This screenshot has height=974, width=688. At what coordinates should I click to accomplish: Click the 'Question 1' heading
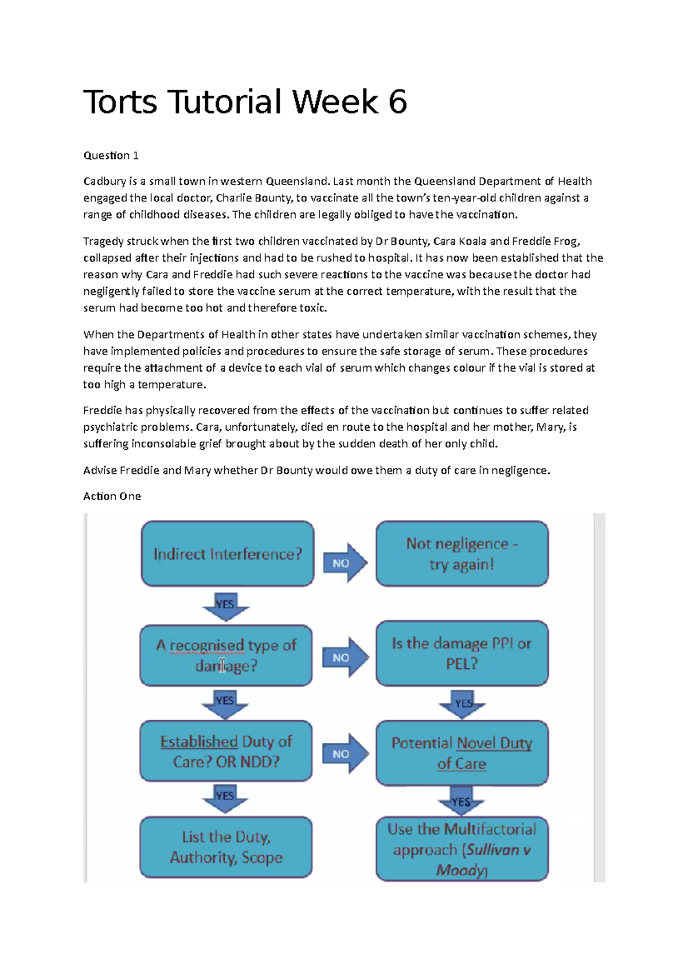click(111, 155)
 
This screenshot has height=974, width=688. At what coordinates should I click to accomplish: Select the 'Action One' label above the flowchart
click(112, 496)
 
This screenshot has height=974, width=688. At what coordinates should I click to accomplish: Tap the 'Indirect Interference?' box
click(228, 554)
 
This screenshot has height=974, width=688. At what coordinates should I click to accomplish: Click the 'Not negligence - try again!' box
click(462, 554)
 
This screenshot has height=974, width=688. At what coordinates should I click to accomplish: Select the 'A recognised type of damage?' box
click(226, 656)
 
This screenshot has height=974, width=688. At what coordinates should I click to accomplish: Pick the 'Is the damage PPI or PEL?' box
click(462, 653)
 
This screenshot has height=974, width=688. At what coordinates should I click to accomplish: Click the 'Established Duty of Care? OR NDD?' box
click(226, 751)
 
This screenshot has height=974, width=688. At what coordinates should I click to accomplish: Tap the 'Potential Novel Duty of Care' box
click(462, 753)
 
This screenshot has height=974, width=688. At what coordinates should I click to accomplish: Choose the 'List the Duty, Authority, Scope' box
click(226, 847)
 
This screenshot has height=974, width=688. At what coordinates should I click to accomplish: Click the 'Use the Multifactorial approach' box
click(462, 849)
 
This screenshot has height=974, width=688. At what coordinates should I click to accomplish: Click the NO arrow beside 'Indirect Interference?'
click(344, 563)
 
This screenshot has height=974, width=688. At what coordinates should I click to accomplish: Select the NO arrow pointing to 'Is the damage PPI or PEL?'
click(344, 657)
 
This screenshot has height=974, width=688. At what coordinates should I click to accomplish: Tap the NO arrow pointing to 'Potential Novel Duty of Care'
click(344, 754)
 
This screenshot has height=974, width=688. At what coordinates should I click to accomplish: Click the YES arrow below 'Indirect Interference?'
click(225, 606)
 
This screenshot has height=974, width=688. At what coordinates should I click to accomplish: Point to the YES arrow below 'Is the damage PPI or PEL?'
click(463, 704)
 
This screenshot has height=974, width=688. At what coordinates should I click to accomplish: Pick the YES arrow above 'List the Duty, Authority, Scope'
click(225, 797)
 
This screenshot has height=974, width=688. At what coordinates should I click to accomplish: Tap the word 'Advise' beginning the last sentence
click(100, 470)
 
